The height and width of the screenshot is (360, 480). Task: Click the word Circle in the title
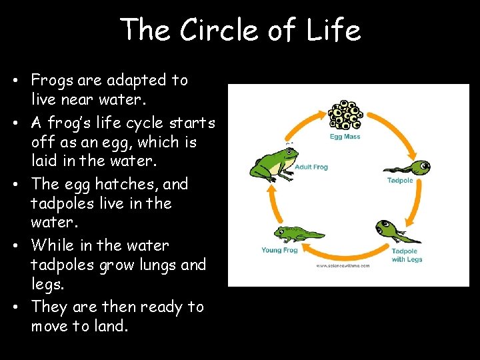(224, 30)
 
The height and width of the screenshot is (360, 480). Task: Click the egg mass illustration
(346, 115)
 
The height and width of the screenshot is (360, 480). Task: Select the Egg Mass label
(345, 137)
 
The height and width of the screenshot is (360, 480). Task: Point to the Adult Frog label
(311, 167)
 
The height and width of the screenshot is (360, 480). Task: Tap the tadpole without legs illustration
(407, 167)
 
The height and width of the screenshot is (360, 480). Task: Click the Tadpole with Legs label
(407, 255)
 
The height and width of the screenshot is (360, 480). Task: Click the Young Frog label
(279, 251)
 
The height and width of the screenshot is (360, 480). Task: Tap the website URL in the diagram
(343, 265)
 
